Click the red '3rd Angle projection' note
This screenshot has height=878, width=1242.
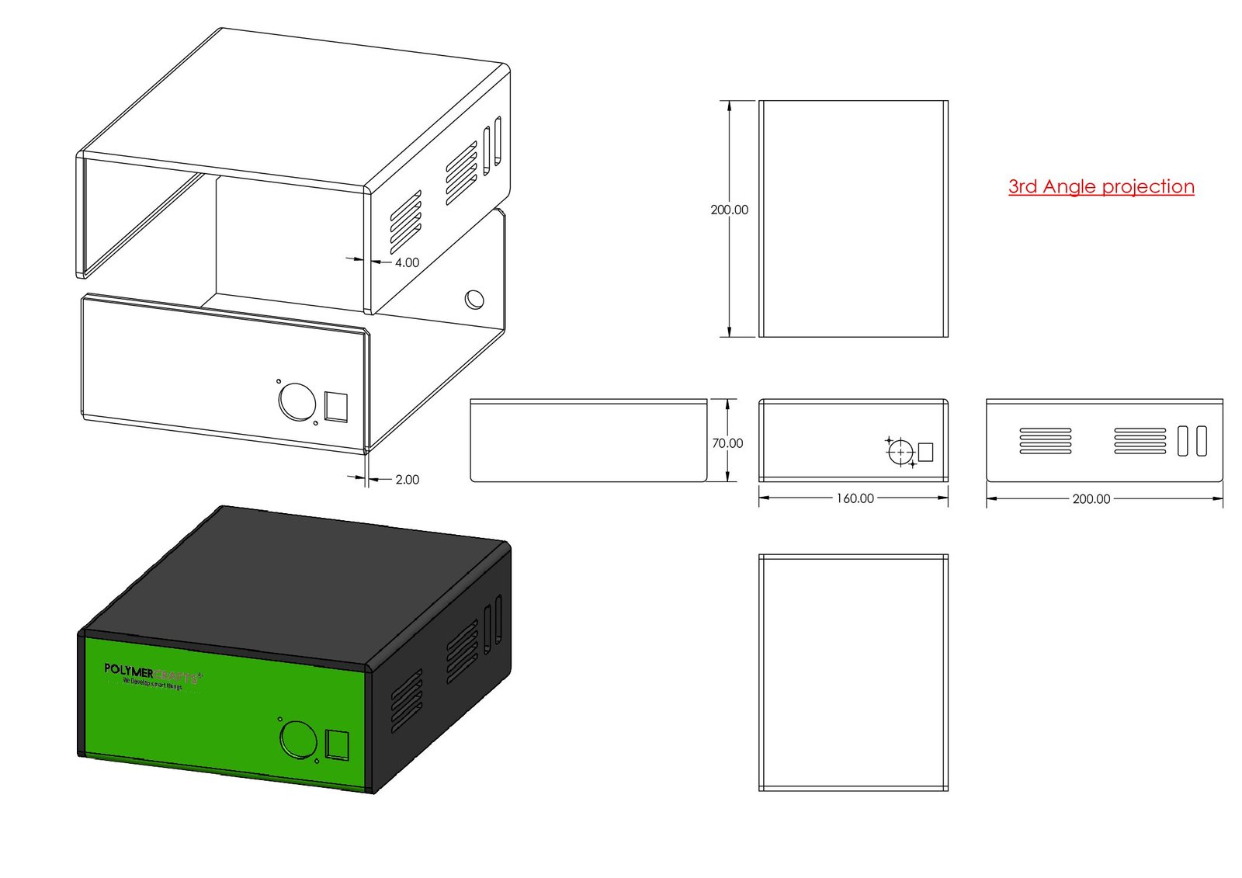(1101, 186)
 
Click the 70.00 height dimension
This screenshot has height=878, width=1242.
(727, 442)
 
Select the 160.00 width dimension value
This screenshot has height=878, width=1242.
(855, 498)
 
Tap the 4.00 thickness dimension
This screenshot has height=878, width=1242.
(407, 262)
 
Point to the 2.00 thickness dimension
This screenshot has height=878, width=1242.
(407, 480)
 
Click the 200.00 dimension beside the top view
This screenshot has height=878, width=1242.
(729, 210)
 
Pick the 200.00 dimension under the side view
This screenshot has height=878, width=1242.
(1091, 498)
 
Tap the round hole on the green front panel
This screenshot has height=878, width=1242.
(297, 739)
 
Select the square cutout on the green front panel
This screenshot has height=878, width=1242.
(338, 744)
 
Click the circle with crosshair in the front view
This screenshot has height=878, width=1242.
(900, 452)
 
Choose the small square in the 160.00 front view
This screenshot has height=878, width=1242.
(925, 452)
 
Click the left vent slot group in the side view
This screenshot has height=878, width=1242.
(1045, 441)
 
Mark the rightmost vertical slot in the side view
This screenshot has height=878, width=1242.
(1202, 441)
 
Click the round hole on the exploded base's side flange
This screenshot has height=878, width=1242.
(474, 299)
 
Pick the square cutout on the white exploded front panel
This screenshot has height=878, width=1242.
(336, 407)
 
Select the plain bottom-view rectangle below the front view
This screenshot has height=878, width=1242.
(853, 672)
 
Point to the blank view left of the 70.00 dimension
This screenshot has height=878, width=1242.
(588, 440)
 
